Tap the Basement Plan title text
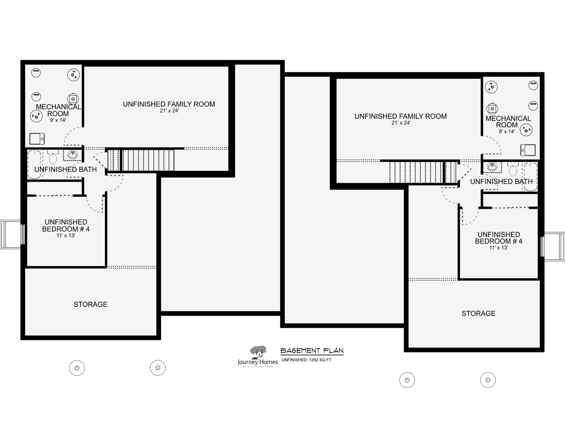pos(312,350)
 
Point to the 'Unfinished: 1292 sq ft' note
pos(306,360)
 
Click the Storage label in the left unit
pos(90,304)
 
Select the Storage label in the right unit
pos(478,313)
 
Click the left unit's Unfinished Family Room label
pos(169,104)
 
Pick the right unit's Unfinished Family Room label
pos(401,116)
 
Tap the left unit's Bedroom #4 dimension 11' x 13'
pos(66,236)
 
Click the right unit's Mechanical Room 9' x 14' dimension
pos(507,132)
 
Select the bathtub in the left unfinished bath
pos(34,165)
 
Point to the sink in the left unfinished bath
pos(73,155)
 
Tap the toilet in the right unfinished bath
pos(513,169)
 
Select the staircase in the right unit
pos(422,172)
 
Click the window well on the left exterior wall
pos(11,234)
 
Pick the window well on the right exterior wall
pos(554,246)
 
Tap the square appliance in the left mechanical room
pos(37,139)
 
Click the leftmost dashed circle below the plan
pos(77,368)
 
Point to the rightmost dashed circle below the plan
pos(488,380)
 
